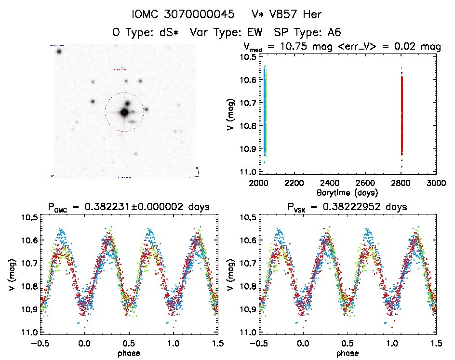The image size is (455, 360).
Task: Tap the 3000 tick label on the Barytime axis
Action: [435, 183]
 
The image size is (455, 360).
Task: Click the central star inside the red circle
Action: [124, 112]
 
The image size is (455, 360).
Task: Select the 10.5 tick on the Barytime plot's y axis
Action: [249, 56]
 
